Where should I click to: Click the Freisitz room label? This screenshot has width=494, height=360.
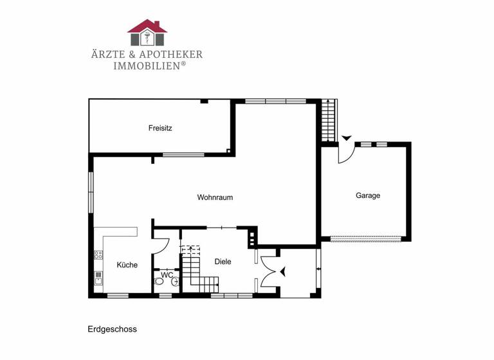[160, 128]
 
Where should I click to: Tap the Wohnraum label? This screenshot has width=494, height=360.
[215, 197]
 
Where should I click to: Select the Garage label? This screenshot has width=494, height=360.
[368, 195]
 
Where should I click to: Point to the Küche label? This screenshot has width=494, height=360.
[127, 265]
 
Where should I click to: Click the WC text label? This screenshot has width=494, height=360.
[167, 275]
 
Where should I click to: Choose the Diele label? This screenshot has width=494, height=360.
[223, 262]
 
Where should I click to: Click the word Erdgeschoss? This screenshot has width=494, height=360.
[113, 329]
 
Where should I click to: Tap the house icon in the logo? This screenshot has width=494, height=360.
[147, 33]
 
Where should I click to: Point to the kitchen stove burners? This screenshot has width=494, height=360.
[99, 255]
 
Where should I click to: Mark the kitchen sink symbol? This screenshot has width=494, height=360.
[99, 278]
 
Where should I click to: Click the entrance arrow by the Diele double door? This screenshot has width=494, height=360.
[282, 272]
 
